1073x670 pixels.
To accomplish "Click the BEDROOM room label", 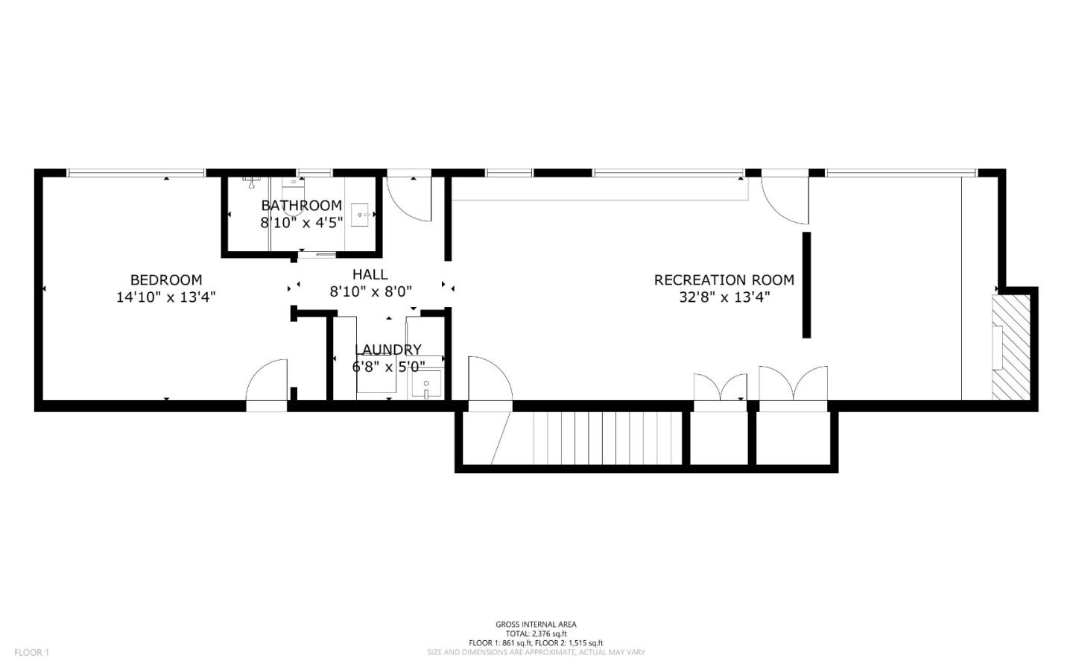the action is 166,279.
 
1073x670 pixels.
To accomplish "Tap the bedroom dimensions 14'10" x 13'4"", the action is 166,297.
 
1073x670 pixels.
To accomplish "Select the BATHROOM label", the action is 301,205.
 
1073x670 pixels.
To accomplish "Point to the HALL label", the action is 370,274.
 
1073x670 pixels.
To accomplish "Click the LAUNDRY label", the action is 388,350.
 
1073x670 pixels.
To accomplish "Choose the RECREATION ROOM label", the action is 724,279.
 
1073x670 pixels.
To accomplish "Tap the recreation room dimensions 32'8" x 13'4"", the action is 724,297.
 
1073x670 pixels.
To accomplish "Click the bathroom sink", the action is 359,215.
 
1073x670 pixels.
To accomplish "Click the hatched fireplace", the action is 1010,347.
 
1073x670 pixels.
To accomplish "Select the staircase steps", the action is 607,438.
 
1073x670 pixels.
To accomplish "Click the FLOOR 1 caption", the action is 31,652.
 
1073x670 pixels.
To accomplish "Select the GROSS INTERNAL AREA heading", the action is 536,625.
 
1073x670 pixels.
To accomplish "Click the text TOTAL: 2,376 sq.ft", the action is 536,633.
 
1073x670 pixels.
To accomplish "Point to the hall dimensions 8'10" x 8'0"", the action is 371,291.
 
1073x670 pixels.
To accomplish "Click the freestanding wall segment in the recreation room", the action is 807,285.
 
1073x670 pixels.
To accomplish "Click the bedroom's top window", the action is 136,173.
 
